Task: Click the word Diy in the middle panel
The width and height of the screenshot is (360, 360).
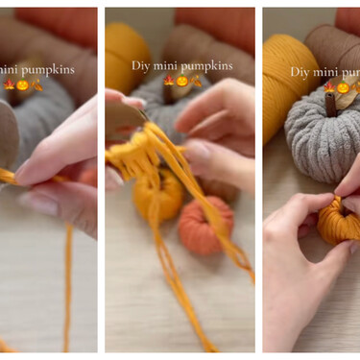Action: [x=141, y=65]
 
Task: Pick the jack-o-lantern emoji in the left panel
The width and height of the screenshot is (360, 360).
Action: [x=23, y=85]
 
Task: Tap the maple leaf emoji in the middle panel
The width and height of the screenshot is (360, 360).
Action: [x=169, y=81]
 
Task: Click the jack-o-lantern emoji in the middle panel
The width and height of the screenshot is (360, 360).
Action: [x=182, y=81]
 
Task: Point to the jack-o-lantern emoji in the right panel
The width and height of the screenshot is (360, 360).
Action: [x=343, y=87]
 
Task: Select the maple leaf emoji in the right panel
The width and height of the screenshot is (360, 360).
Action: [x=329, y=86]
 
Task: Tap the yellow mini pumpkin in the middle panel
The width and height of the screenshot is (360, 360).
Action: [x=157, y=195]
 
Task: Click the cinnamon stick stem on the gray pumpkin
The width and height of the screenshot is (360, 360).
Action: [x=331, y=106]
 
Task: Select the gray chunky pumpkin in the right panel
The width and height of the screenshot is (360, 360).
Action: [x=321, y=136]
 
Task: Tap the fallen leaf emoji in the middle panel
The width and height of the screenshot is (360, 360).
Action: [x=196, y=81]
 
